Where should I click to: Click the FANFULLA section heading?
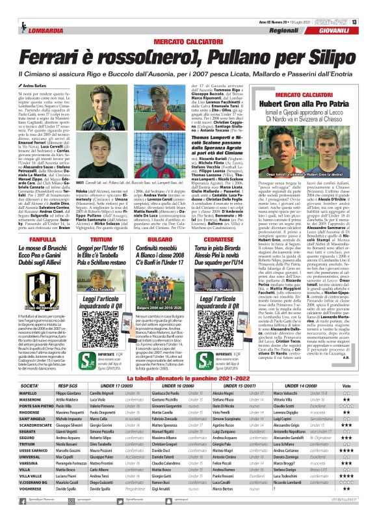[x=32, y=221]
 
